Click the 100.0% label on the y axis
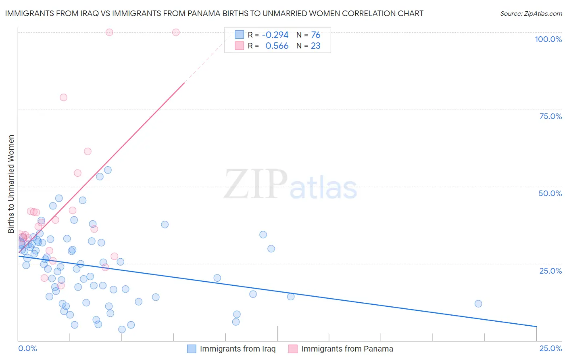pyautogui.click(x=548, y=39)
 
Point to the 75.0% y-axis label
pyautogui.click(x=550, y=116)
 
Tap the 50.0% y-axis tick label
pyautogui.click(x=550, y=193)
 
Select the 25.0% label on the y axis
pyautogui.click(x=550, y=271)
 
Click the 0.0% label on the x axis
pyautogui.click(x=27, y=348)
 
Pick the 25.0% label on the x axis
pyautogui.click(x=550, y=348)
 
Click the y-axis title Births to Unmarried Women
pyautogui.click(x=11, y=184)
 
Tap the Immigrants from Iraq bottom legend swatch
pyautogui.click(x=192, y=349)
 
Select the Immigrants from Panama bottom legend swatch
pyautogui.click(x=293, y=349)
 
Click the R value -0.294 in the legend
pyautogui.click(x=275, y=35)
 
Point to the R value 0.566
pyautogui.click(x=277, y=46)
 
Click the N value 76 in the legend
pyautogui.click(x=315, y=35)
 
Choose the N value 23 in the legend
pyautogui.click(x=315, y=46)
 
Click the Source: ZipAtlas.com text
pyautogui.click(x=531, y=14)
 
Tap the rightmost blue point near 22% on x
pyautogui.click(x=478, y=303)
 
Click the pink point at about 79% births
pyautogui.click(x=63, y=97)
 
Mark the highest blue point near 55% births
pyautogui.click(x=108, y=170)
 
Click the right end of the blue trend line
pyautogui.click(x=536, y=326)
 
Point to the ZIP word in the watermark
pyautogui.click(x=256, y=184)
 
